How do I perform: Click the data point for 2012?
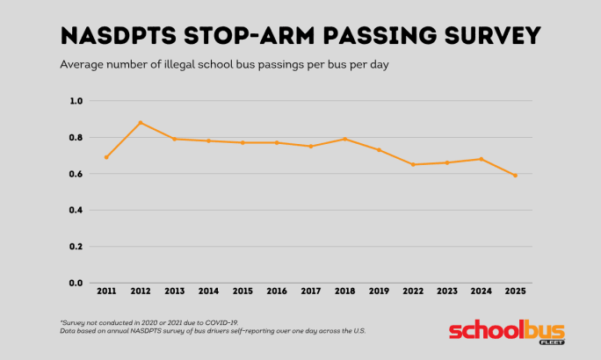coord(141,123)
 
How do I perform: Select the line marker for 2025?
coord(516,176)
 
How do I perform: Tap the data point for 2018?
coord(345,139)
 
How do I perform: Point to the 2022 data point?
coord(413,164)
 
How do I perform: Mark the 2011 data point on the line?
coord(106,157)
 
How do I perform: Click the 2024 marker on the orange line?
coord(482,159)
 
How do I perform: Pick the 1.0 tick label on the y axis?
coord(76,101)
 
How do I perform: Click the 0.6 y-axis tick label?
coord(76,174)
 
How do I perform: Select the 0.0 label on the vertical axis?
coord(76,283)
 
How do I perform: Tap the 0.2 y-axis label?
coord(76,247)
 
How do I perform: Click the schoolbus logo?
coord(505,331)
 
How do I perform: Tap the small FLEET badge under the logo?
coord(552,342)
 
